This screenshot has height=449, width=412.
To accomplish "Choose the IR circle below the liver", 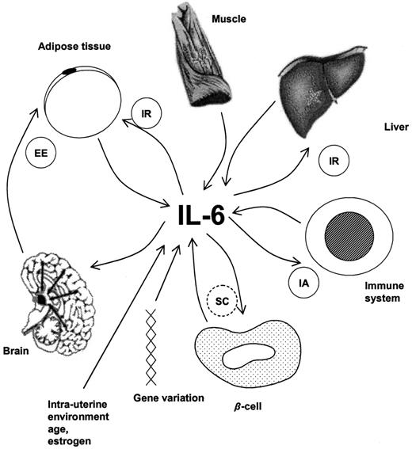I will point(332,164).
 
